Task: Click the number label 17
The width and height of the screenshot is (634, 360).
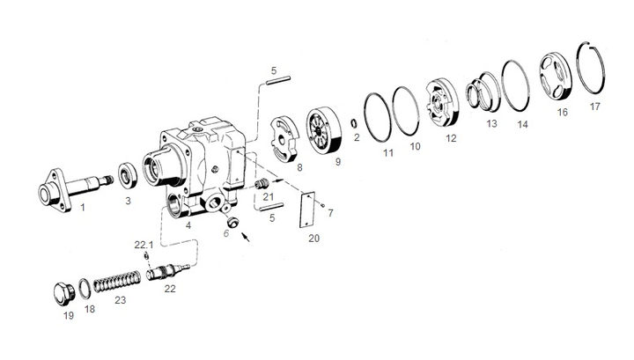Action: (595, 107)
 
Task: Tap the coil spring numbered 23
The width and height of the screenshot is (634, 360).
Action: (116, 283)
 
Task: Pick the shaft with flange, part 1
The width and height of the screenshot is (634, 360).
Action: (75, 189)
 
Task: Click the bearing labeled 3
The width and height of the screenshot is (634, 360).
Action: (127, 173)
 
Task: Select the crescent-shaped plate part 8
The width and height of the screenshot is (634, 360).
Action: (283, 137)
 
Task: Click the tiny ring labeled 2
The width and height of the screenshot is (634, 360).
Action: (352, 123)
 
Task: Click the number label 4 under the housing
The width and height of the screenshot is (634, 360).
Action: (188, 225)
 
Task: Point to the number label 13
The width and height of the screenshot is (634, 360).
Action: (491, 124)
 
